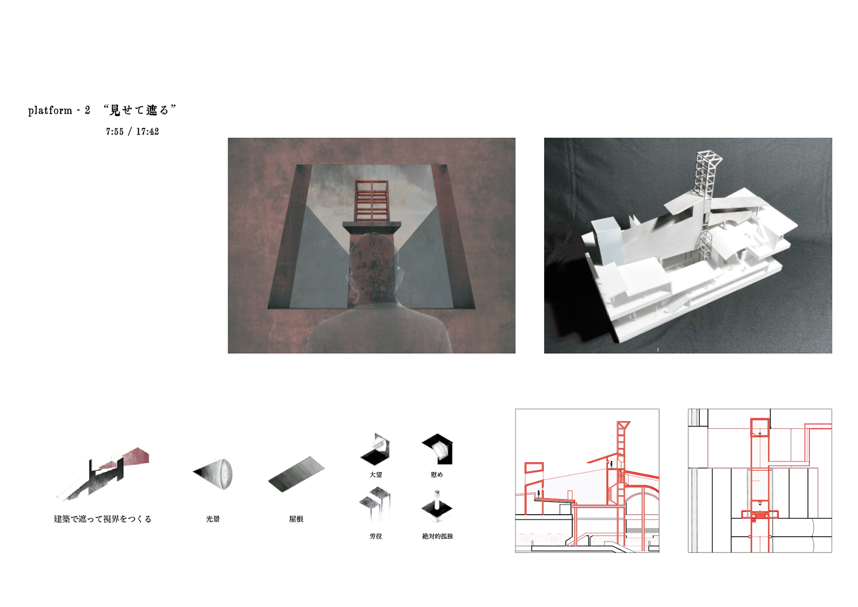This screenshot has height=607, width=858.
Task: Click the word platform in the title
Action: (x=50, y=111)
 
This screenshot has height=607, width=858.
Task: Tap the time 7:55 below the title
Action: (x=115, y=132)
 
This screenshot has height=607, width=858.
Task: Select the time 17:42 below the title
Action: (x=147, y=132)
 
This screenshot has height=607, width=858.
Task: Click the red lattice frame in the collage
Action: (x=371, y=201)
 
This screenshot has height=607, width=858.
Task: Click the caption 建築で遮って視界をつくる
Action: (x=102, y=519)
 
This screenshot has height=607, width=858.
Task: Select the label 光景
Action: (x=213, y=519)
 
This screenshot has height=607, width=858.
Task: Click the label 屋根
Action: (x=296, y=519)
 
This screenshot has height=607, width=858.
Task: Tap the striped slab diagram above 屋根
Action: (x=296, y=474)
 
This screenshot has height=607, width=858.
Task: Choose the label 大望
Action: (x=376, y=475)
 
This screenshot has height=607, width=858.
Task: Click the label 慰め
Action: (x=437, y=475)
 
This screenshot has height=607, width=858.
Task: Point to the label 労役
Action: (x=376, y=536)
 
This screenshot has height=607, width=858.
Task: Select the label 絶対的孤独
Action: (x=438, y=536)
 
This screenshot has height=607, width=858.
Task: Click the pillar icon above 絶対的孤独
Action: (x=437, y=506)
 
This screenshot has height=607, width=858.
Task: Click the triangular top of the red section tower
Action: (x=623, y=425)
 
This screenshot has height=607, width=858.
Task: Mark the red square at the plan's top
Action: (x=760, y=428)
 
